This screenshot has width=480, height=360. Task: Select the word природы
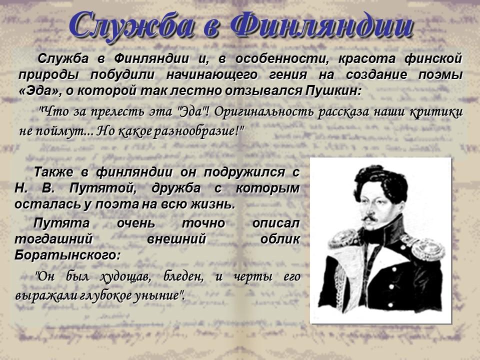pos(47,75)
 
